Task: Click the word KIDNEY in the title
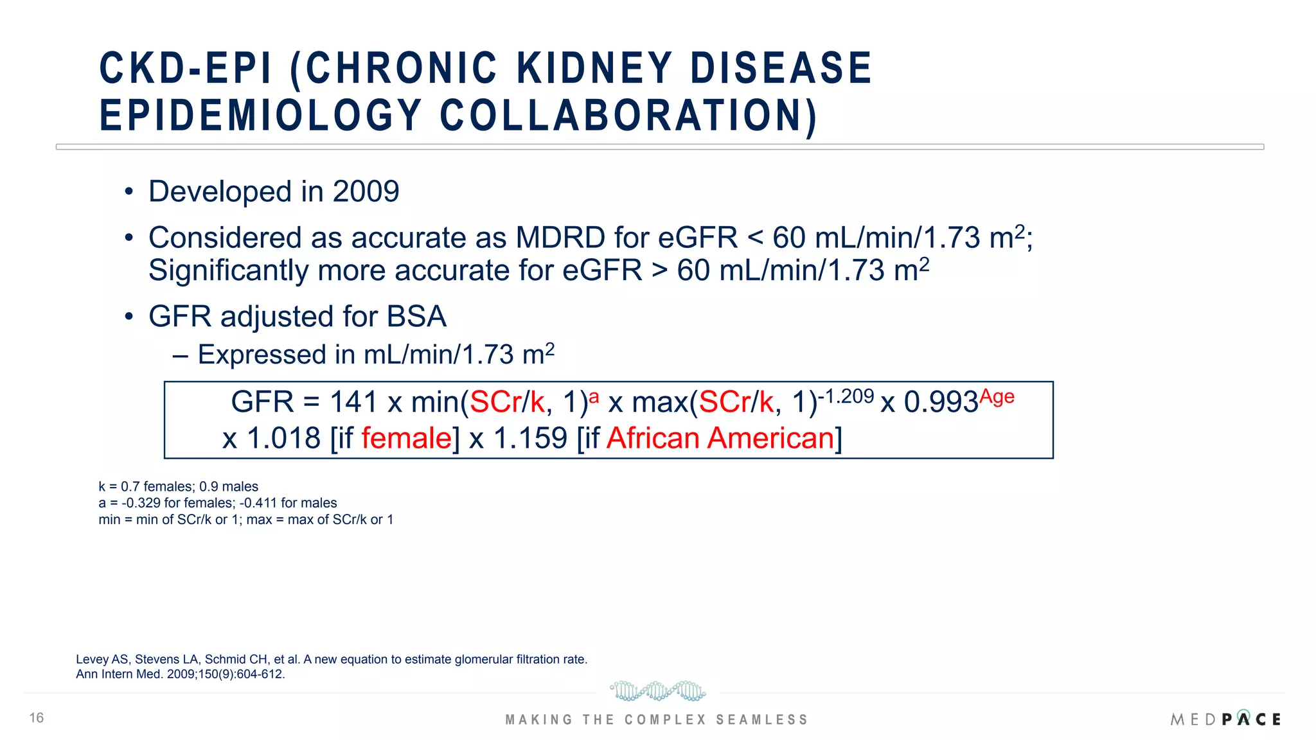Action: coord(594,68)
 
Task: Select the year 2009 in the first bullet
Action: coord(366,191)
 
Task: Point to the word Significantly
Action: coord(229,270)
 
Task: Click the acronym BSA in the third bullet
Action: coord(416,317)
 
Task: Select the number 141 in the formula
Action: coord(353,403)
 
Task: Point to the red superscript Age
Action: coord(997,396)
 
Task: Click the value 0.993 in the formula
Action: coord(941,403)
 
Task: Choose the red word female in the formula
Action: coord(407,439)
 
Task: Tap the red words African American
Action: coord(720,439)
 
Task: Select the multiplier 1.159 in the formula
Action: coord(530,439)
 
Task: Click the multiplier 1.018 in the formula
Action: coord(283,439)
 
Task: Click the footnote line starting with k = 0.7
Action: coord(178,487)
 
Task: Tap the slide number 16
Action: coord(37,718)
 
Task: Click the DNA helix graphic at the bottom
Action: coord(657,691)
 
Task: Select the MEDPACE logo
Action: coord(1225,719)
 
